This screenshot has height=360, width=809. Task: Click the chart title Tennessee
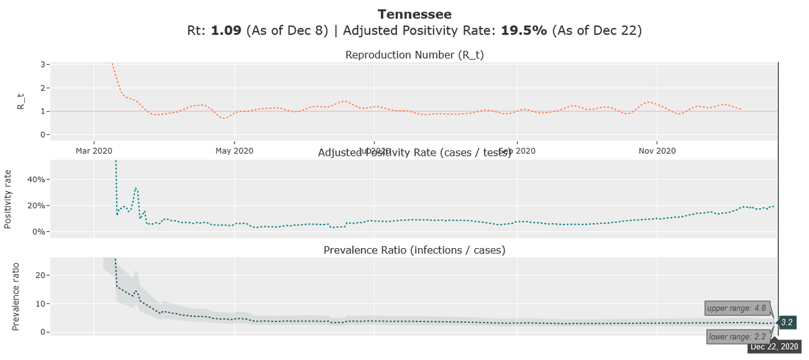(415, 14)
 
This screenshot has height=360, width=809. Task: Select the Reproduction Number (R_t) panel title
(415, 55)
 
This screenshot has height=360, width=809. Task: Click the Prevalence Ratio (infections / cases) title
(415, 250)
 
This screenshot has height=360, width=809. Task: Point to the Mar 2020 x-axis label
(94, 150)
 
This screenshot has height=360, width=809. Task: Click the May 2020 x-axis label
(234, 150)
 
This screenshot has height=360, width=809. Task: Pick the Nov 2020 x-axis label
(657, 150)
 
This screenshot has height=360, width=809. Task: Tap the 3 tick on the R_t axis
(43, 65)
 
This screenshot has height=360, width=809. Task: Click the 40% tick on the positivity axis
(36, 180)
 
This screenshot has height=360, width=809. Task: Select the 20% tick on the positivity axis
(36, 206)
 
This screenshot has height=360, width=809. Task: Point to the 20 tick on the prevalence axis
(39, 275)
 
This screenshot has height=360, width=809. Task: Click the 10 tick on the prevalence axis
(39, 303)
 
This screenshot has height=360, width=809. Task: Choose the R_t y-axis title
(21, 99)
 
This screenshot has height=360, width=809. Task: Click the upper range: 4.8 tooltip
(736, 309)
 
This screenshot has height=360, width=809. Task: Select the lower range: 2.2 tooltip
(737, 336)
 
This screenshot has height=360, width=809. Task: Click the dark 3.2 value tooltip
(787, 323)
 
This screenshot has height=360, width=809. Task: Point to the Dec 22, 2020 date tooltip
(774, 347)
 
